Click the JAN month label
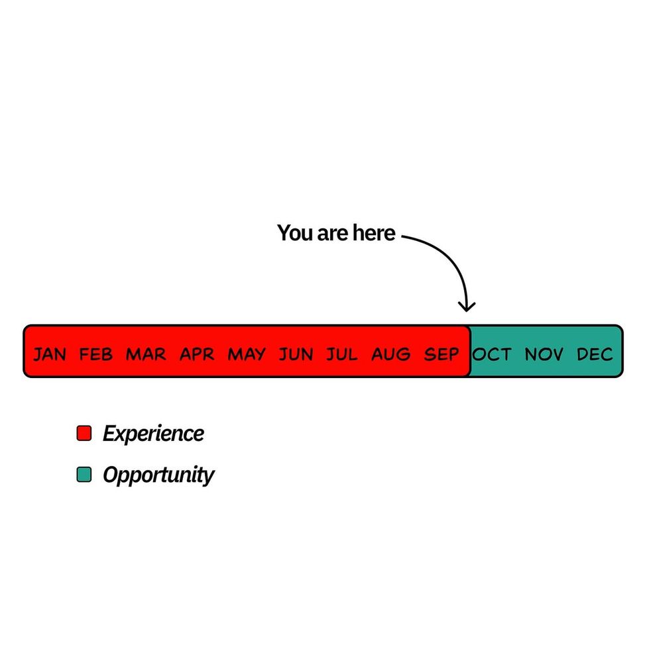click(50, 354)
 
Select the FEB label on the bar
click(96, 354)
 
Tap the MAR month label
click(146, 354)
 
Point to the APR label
click(197, 354)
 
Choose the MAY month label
click(247, 354)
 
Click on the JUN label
click(296, 354)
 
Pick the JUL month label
click(341, 354)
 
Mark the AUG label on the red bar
click(391, 354)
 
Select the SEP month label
click(441, 354)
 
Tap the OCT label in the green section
click(492, 354)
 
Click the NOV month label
click(544, 354)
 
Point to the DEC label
click(595, 354)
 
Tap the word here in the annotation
click(375, 233)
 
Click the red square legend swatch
click(84, 433)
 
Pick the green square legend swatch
click(84, 475)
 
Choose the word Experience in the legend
click(154, 434)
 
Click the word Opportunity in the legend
click(158, 475)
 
